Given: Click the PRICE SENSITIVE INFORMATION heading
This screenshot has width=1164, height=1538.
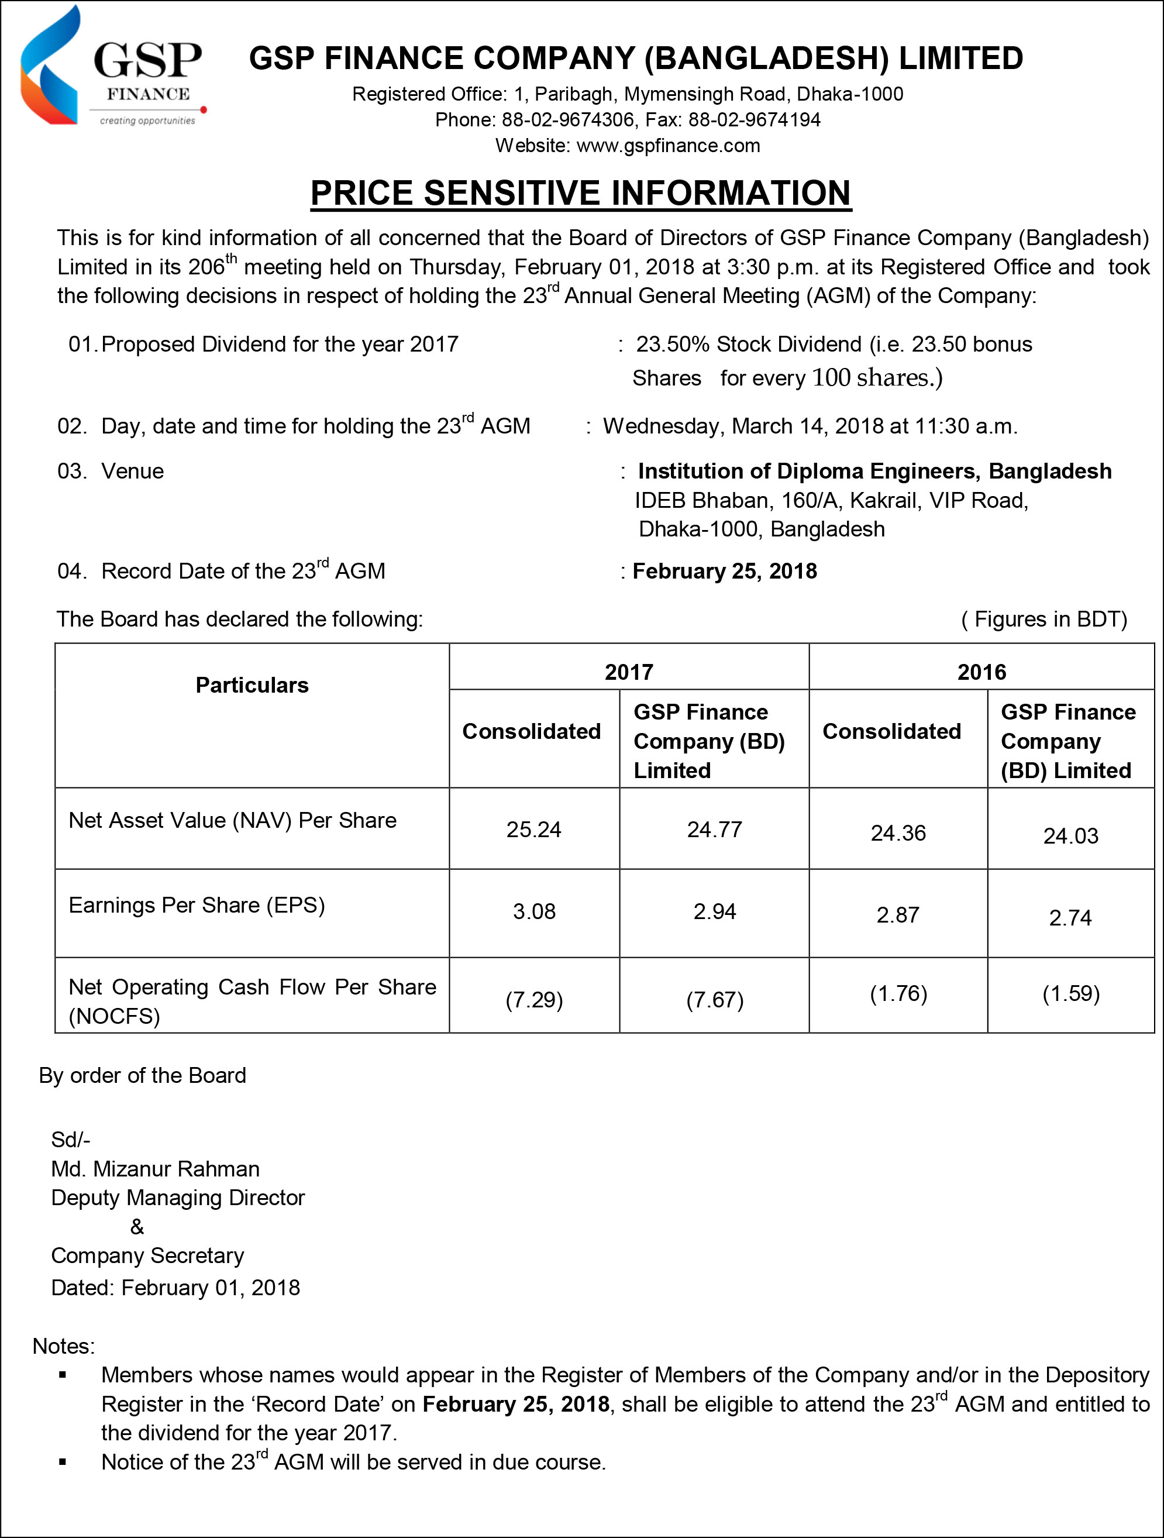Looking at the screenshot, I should click(581, 192).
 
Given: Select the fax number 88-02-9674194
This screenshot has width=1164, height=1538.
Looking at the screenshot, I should click(754, 119).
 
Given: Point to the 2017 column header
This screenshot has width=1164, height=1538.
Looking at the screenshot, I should click(629, 672).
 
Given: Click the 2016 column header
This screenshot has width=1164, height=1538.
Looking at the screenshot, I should click(981, 672).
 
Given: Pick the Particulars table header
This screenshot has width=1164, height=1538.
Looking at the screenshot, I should click(252, 685).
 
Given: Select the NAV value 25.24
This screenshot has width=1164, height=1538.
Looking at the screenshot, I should click(533, 830).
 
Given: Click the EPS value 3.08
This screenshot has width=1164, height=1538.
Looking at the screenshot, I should click(534, 911).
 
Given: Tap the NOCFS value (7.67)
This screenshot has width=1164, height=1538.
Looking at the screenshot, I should click(714, 1000).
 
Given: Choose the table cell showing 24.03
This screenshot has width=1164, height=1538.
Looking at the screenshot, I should click(1070, 836).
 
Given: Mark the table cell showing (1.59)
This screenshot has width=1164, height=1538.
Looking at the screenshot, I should click(1070, 993).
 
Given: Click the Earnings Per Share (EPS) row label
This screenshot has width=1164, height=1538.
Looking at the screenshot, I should click(197, 905).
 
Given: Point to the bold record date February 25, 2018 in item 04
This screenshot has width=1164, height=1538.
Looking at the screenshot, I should click(725, 571).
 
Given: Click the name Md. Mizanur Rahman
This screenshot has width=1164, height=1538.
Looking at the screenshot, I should click(155, 1169).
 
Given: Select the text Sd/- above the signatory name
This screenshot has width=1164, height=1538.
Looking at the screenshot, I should click(70, 1140).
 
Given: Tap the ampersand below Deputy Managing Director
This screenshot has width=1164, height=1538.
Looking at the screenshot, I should click(137, 1227).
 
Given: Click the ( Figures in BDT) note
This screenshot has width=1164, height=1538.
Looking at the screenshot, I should click(1044, 619).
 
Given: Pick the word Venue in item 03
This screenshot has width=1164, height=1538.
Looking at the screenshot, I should click(132, 472).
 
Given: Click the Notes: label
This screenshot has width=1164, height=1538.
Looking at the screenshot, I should click(63, 1346).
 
